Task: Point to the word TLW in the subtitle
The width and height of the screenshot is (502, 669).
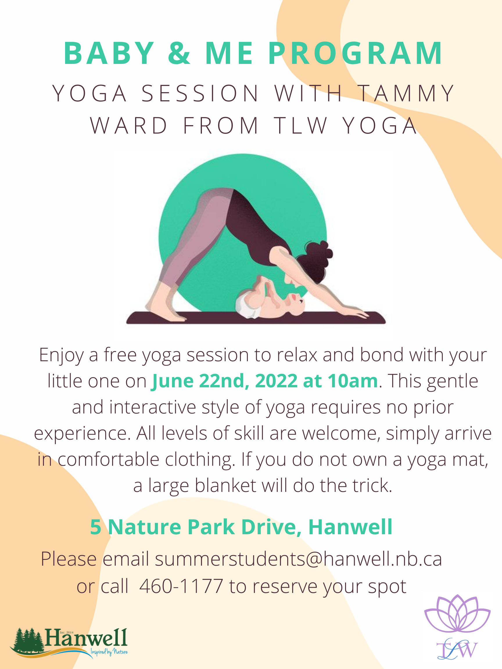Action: coord(301,125)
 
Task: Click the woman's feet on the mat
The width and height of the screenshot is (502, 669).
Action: coord(165,308)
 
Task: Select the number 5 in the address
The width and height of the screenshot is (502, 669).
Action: coord(96,527)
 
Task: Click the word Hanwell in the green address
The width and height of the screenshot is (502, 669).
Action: coord(350,527)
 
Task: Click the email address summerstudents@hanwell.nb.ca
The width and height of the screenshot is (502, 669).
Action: coord(298,559)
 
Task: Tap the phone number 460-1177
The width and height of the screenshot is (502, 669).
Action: coord(181,586)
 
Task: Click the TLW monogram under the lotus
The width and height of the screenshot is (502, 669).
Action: coord(457,648)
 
